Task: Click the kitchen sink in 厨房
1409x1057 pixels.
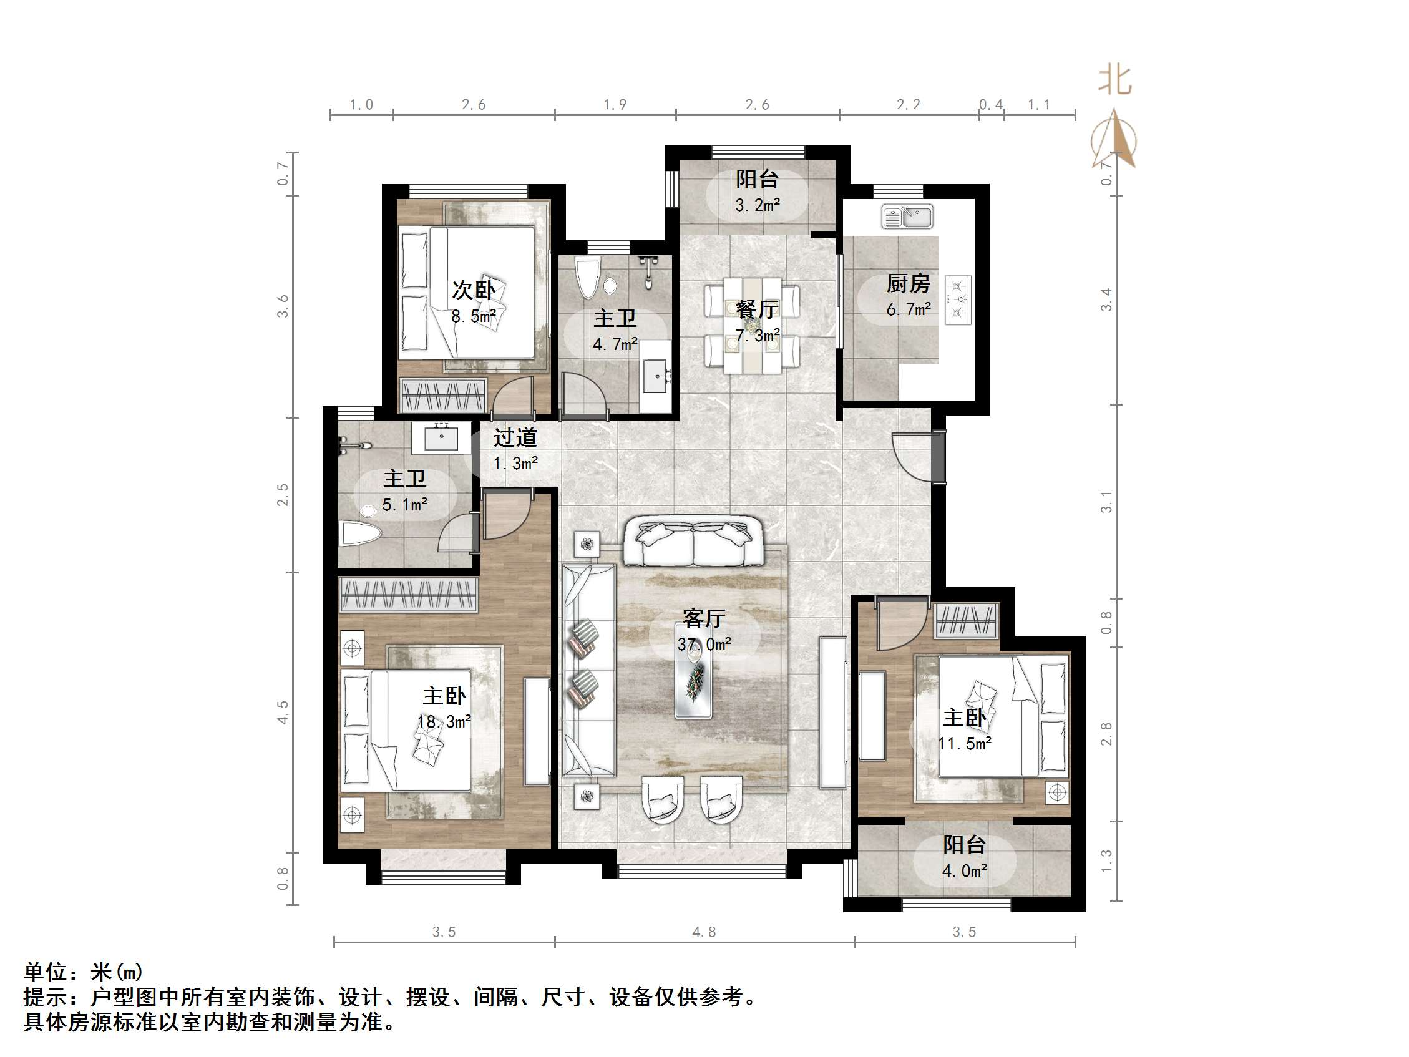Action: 907,217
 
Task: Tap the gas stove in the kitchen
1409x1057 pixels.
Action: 958,300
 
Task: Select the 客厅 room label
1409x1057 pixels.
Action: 704,618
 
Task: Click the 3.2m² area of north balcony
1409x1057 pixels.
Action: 758,205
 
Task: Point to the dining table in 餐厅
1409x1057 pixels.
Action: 753,325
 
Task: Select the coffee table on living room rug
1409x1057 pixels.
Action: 694,678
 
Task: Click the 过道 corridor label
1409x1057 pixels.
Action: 515,437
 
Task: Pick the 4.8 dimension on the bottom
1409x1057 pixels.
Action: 704,932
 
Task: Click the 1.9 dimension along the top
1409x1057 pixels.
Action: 615,104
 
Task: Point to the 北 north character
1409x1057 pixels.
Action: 1114,81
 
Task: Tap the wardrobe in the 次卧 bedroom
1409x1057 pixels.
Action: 443,395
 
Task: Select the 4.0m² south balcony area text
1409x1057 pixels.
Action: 964,871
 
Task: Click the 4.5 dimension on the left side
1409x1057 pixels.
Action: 283,713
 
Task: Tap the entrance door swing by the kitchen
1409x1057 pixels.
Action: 912,456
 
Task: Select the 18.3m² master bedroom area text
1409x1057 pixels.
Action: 444,722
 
